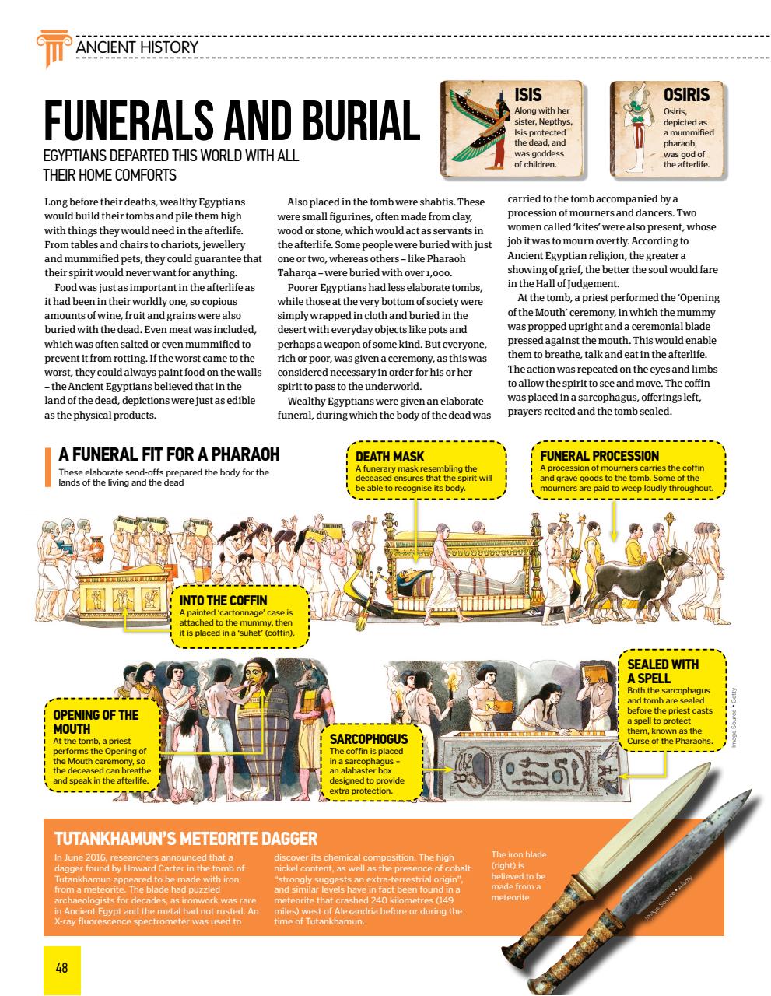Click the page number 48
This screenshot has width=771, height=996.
pos(61,968)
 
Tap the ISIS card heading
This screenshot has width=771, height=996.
pos(528,95)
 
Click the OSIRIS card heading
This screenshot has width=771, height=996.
pos(685,95)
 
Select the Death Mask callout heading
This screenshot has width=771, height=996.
pos(390,457)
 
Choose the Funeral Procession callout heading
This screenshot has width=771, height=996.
pos(599,455)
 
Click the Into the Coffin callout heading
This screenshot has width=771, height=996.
pos(223,601)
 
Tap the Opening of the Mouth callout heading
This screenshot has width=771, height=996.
pos(95,721)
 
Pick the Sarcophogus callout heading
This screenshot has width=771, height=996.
pos(368,738)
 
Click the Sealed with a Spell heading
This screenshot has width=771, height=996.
pos(663,671)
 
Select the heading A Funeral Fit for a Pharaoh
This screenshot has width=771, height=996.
pos(169,454)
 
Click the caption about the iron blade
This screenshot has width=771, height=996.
pos(519,875)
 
